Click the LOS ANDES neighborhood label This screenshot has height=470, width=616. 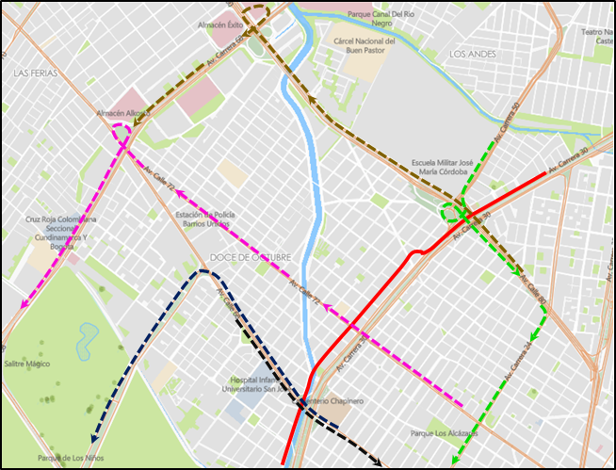tap(474, 55)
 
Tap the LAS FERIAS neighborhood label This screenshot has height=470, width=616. tap(38, 73)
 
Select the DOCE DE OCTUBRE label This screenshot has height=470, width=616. tap(251, 257)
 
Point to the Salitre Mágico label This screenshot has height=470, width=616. tap(27, 363)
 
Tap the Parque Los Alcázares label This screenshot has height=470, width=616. tap(439, 434)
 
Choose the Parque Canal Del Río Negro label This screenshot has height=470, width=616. tap(381, 15)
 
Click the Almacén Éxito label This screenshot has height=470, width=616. tap(219, 24)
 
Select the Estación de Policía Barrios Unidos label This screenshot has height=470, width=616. tap(203, 219)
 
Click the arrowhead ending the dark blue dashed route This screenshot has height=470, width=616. tap(92, 440)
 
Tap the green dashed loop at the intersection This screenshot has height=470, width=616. tap(453, 213)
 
